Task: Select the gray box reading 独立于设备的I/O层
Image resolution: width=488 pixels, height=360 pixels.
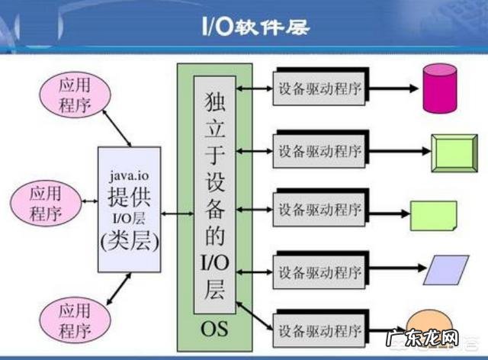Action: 213,194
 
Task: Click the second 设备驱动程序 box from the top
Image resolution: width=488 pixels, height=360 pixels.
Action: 318,149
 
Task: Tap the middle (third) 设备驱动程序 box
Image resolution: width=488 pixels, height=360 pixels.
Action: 318,209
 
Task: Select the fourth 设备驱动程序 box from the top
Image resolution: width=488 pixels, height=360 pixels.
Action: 318,271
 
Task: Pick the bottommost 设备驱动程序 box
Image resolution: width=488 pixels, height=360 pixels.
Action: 318,330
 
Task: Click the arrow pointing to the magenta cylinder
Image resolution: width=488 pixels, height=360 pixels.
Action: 395,86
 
